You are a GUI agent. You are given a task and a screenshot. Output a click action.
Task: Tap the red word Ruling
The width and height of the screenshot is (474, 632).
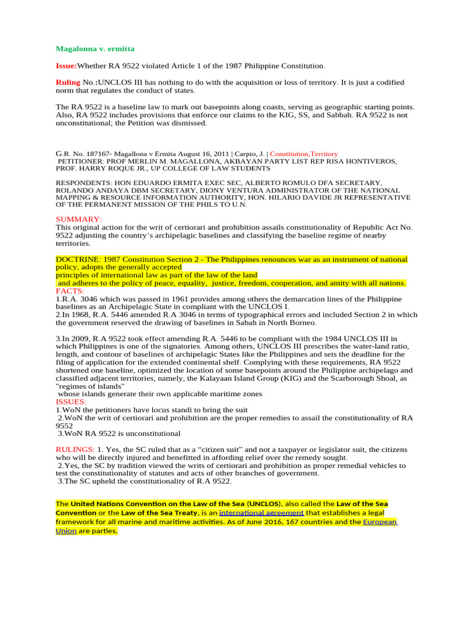(68, 82)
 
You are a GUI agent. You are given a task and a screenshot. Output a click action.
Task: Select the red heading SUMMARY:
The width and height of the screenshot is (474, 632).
(79, 219)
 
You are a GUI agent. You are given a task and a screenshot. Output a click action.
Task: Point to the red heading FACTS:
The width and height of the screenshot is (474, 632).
(70, 291)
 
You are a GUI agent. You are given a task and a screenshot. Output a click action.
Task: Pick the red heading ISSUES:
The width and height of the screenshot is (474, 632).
(71, 401)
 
